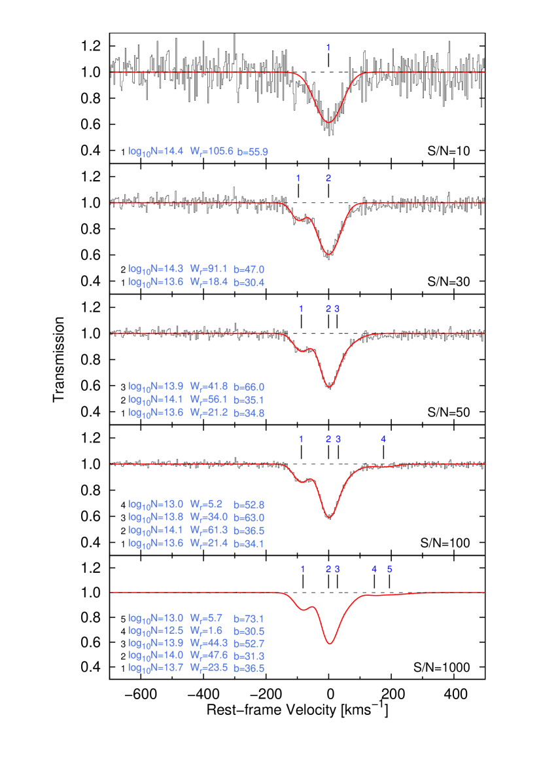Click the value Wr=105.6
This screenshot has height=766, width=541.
211,152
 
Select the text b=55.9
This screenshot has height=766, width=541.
253,152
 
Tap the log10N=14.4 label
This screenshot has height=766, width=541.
156,152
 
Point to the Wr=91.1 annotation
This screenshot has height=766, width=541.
209,269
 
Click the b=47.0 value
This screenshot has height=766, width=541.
249,269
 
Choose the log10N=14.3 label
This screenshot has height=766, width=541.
156,269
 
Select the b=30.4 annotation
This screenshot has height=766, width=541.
249,282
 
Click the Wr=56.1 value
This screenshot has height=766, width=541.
209,399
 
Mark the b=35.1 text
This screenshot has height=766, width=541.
249,399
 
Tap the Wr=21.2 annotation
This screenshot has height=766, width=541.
209,412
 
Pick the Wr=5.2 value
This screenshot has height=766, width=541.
206,504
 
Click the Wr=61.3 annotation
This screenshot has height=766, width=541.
209,530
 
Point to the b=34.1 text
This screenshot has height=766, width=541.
249,543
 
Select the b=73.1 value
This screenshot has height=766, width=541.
249,618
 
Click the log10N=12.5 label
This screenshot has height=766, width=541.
156,630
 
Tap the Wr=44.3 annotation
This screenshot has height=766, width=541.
209,643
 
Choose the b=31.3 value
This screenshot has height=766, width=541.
249,655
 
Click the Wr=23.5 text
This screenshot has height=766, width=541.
209,668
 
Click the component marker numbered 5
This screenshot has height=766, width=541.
389,569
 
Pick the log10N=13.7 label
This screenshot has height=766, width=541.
156,668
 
